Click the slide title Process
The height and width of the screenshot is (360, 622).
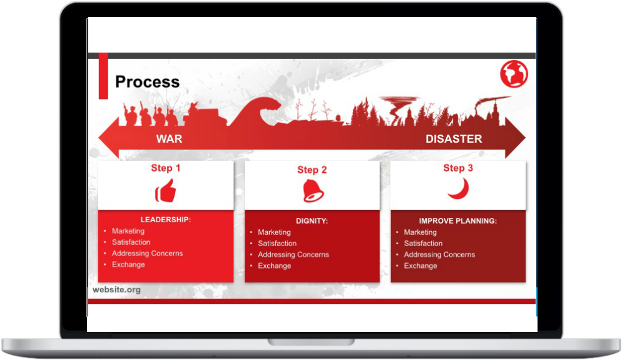[147, 82]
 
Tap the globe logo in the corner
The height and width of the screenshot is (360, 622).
[514, 75]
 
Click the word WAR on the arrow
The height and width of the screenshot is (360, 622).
[169, 139]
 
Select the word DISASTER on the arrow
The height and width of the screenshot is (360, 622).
[454, 139]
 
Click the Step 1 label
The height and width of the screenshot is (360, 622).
[165, 168]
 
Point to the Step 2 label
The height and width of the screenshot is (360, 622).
[312, 170]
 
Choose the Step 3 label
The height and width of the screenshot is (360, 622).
[458, 168]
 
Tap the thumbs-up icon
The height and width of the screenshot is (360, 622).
[166, 191]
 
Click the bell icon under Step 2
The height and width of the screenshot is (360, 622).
[312, 191]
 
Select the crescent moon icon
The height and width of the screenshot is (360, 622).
[459, 189]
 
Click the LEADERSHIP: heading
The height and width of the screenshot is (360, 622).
[165, 220]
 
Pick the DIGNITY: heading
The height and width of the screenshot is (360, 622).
[312, 221]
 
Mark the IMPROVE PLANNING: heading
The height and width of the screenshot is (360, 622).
[458, 221]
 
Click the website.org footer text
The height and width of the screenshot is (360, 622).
[116, 290]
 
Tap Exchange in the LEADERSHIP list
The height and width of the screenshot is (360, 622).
[128, 265]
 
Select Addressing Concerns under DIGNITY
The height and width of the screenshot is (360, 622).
[293, 255]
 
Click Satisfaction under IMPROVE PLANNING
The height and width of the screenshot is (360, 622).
[423, 244]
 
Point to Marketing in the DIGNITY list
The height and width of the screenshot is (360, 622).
[274, 232]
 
